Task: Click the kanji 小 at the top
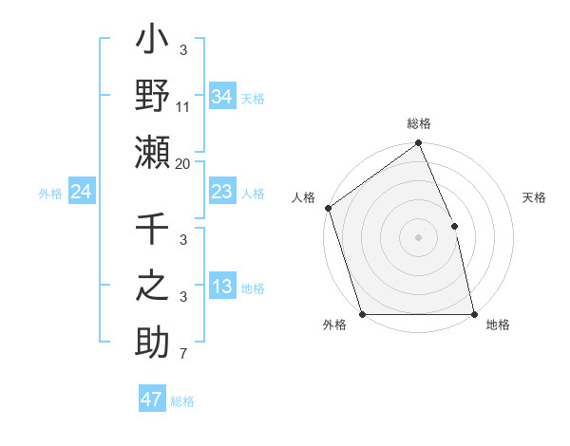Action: [152, 44]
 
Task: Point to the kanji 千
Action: [152, 232]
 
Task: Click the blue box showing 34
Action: [221, 96]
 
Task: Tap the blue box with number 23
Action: [221, 193]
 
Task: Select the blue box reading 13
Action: [221, 288]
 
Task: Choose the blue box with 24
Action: [81, 193]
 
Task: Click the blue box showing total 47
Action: [151, 400]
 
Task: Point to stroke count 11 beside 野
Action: [183, 107]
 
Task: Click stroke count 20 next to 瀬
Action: [183, 164]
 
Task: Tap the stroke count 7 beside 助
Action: [183, 355]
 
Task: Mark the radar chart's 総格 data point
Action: [418, 144]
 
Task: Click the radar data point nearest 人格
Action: [328, 208]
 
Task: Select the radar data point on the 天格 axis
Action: [454, 226]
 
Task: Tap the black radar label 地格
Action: [498, 325]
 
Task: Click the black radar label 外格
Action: [334, 325]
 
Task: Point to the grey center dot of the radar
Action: [418, 237]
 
